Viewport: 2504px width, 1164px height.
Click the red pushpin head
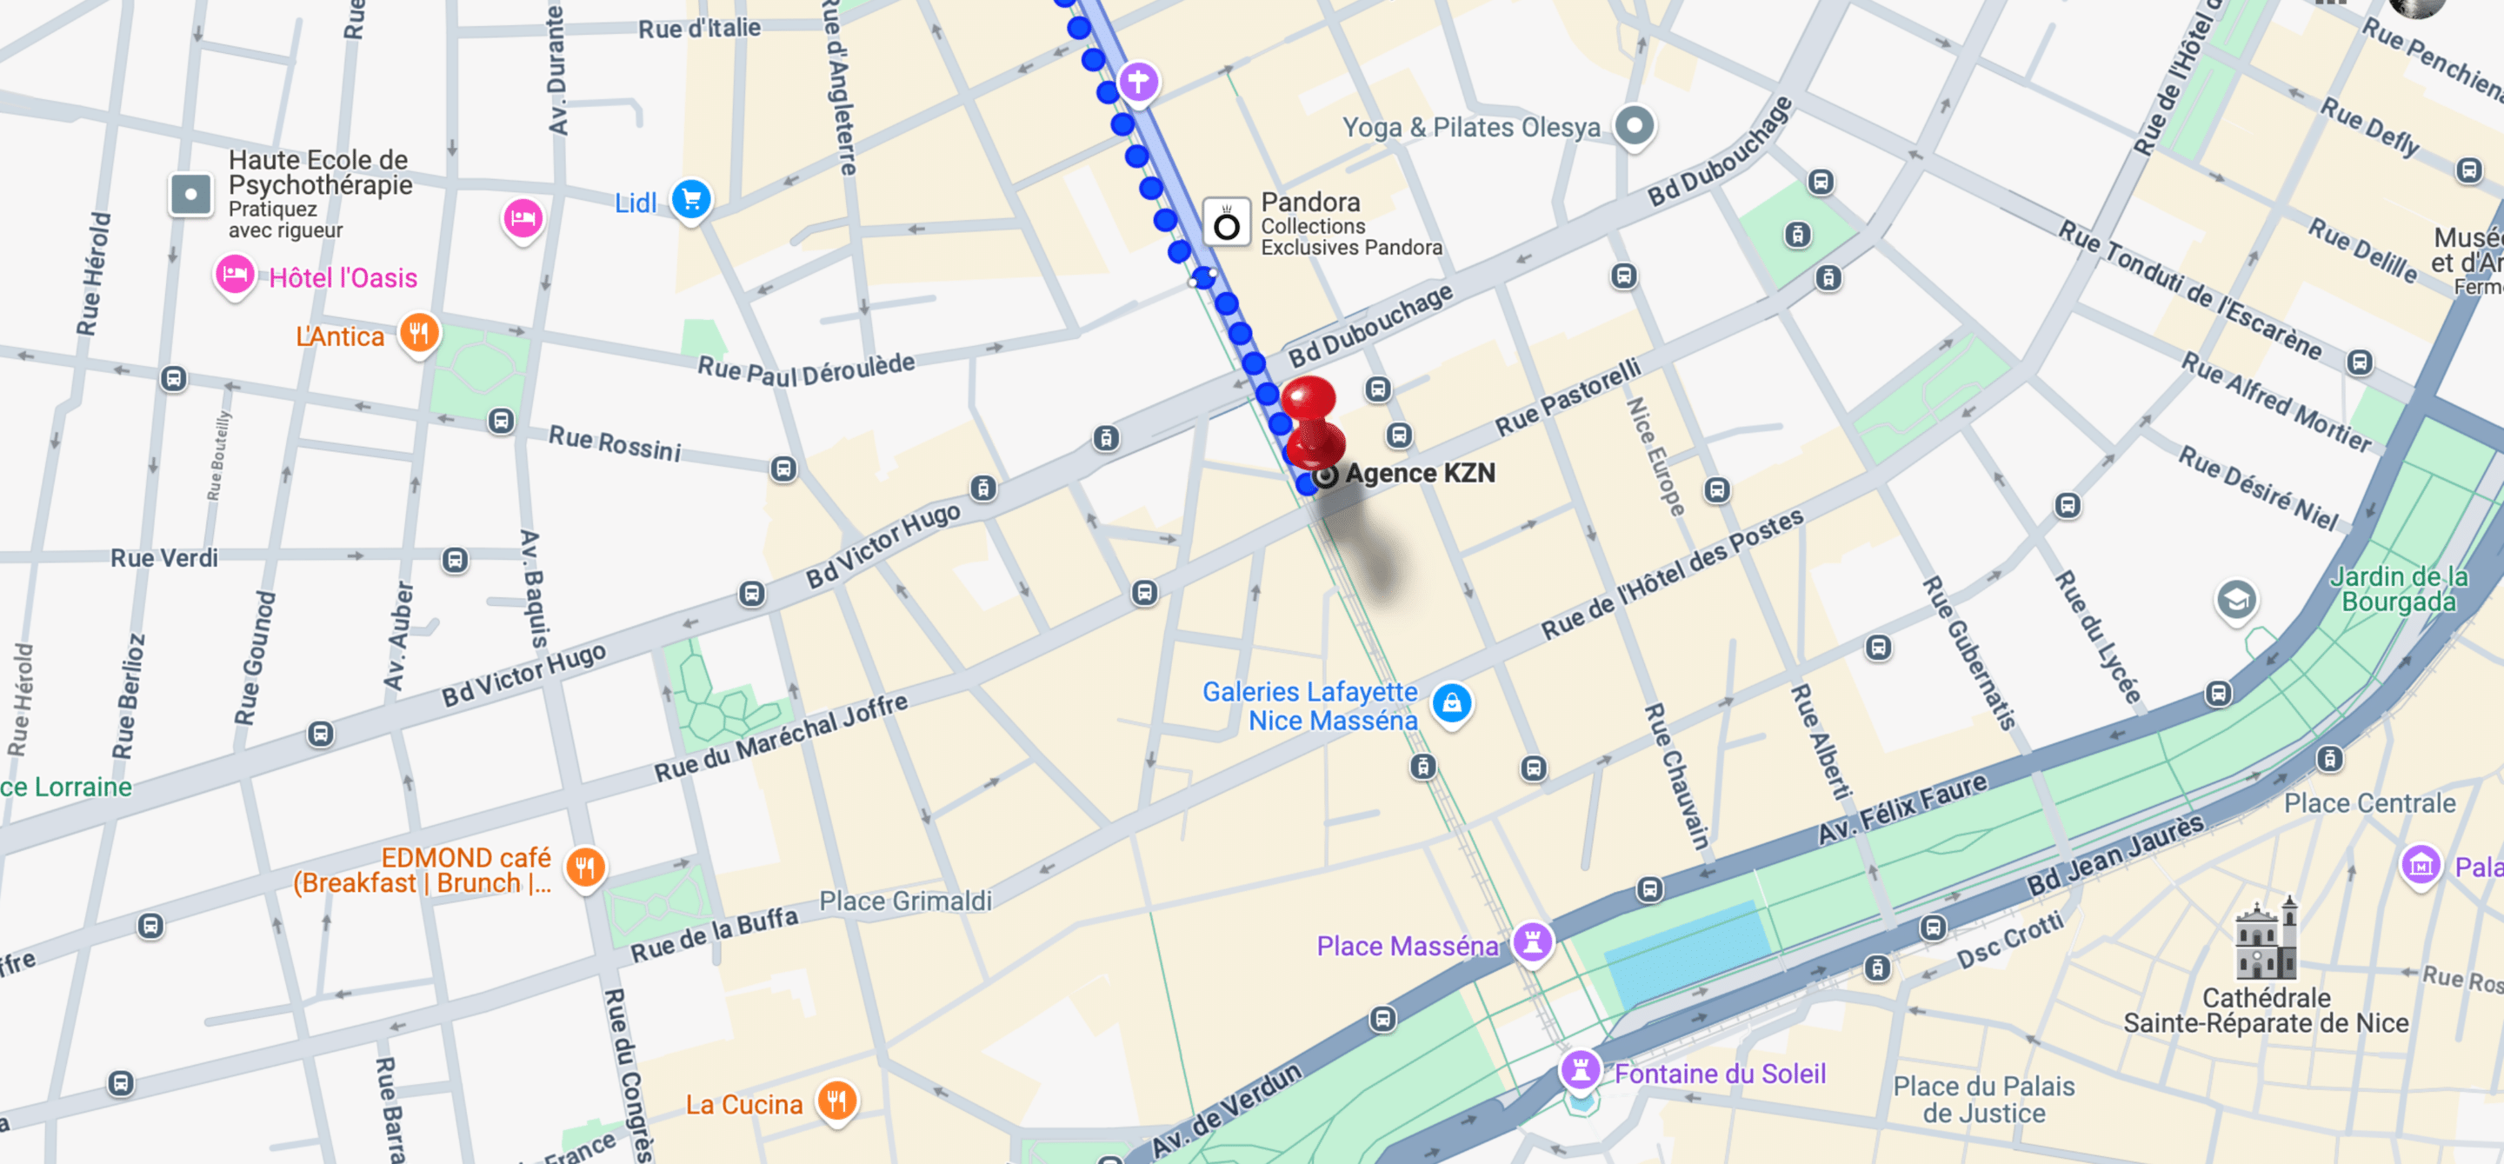[1309, 400]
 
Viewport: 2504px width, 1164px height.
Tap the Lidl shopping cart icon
[691, 200]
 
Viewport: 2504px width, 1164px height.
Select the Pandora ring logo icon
[1227, 224]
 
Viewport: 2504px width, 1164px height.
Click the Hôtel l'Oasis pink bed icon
[234, 275]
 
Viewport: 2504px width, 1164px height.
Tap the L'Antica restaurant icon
[419, 333]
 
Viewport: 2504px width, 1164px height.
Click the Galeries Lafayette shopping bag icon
[1451, 702]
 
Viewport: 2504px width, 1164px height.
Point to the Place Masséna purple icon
[1533, 941]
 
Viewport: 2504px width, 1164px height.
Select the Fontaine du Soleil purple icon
[1581, 1071]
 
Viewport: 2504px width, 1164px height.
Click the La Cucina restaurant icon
[836, 1101]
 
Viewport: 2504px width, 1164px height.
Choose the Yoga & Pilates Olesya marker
[1634, 125]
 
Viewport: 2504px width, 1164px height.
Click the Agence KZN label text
[1420, 473]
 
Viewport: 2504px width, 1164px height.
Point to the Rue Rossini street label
[615, 442]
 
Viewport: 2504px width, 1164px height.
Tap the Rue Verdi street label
[163, 558]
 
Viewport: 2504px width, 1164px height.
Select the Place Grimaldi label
[905, 901]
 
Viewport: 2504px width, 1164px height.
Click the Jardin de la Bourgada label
[2398, 589]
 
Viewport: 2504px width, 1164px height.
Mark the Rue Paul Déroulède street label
[806, 369]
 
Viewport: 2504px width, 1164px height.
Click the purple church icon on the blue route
[1138, 81]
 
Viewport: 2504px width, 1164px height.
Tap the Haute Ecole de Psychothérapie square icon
[190, 195]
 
